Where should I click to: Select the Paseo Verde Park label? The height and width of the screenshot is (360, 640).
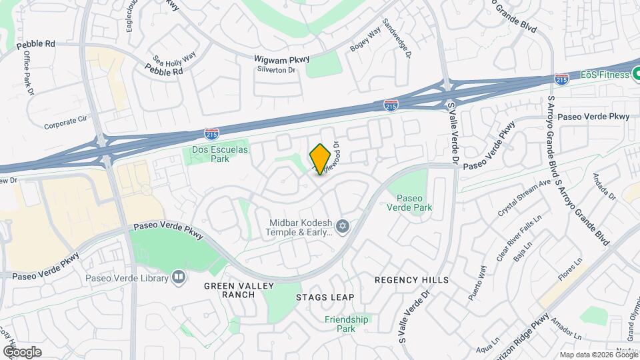pyautogui.click(x=414, y=203)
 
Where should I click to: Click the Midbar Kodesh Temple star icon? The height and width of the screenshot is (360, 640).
pyautogui.click(x=343, y=227)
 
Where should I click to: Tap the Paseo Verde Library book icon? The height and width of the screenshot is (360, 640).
pyautogui.click(x=178, y=277)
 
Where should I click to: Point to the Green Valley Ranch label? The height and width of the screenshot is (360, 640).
pyautogui.click(x=229, y=290)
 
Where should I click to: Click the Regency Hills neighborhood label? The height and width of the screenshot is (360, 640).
pyautogui.click(x=411, y=280)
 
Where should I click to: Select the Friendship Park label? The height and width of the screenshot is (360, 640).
pyautogui.click(x=346, y=324)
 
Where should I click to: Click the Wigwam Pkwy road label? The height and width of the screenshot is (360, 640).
pyautogui.click(x=282, y=59)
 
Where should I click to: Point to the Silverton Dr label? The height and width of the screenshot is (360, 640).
pyautogui.click(x=275, y=69)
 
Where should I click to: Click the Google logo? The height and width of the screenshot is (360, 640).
pyautogui.click(x=22, y=351)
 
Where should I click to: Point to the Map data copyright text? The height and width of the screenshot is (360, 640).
pyautogui.click(x=598, y=355)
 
